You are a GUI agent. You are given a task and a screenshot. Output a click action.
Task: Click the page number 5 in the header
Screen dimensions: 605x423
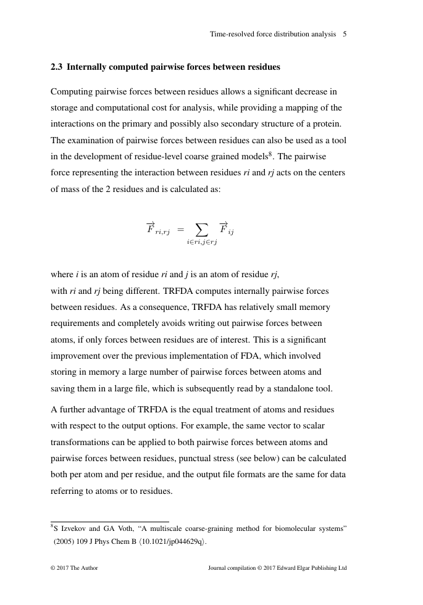click(345, 34)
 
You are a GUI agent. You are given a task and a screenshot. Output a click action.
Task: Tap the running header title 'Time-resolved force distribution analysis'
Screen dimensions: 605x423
click(273, 34)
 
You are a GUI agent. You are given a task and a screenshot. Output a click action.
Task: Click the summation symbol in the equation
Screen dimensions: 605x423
click(201, 230)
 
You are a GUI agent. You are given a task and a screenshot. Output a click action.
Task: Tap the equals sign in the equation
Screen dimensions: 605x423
click(180, 230)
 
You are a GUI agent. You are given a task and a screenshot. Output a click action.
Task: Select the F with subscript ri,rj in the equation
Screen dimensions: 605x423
click(157, 230)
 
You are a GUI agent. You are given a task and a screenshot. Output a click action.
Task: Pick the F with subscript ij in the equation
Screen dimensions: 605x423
click(226, 230)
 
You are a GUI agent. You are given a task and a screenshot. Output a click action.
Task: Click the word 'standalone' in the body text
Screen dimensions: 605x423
click(287, 389)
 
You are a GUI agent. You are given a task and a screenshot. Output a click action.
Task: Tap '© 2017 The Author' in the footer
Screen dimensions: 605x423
click(74, 569)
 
